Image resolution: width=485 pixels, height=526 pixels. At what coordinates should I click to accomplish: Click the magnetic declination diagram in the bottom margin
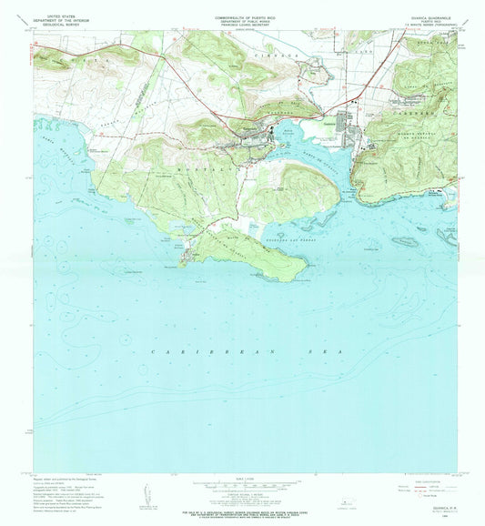(x=147, y=495)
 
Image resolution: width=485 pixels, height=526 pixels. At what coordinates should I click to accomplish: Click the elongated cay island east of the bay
(x=402, y=241)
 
